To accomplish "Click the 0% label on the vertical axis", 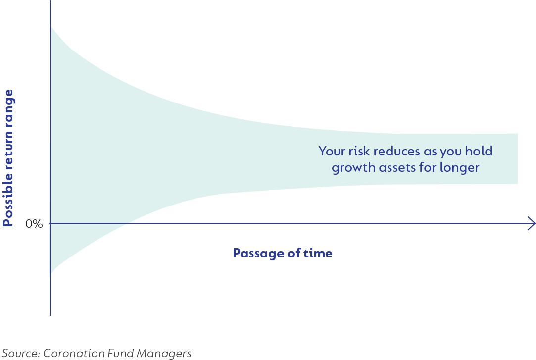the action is pos(34,224).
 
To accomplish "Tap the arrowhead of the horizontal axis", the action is pos(532,224).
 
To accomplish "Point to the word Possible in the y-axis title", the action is pos(7,200).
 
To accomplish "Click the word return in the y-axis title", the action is pos(7,149).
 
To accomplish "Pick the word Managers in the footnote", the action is pos(164,353).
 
